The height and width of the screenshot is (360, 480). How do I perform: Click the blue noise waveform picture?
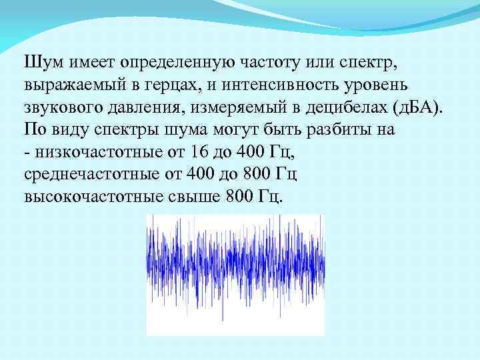pos(235,274)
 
